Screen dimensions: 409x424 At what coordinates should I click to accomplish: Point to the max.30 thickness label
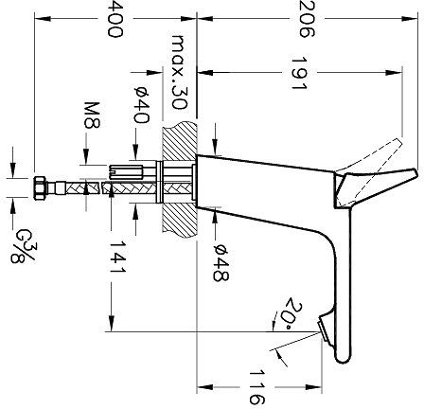(180, 69)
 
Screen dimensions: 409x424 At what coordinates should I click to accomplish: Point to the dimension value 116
(255, 387)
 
